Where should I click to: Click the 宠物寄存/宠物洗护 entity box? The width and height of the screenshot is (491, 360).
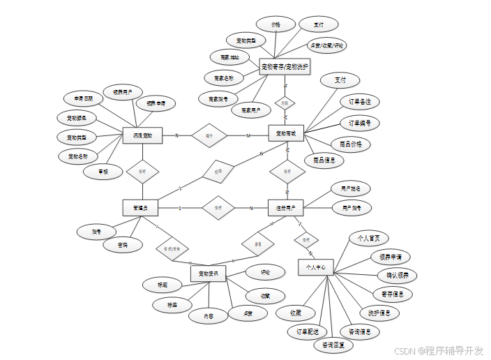coord(285,68)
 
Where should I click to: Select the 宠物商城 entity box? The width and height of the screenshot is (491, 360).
coord(286,133)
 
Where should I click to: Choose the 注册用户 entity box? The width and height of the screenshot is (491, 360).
coord(286,208)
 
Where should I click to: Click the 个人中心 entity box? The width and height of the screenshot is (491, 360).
coord(316,267)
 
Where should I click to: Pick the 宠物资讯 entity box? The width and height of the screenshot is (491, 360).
coord(209,273)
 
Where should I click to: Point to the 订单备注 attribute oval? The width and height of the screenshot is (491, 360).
coord(360,101)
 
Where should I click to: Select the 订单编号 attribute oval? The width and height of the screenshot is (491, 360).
coord(360,123)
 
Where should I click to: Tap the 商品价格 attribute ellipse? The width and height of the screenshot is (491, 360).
coord(350,144)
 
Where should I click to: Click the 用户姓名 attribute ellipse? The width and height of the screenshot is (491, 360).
coord(351,188)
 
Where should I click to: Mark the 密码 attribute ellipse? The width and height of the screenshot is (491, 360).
coord(123,245)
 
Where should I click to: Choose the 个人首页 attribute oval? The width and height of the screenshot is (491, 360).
coord(368,239)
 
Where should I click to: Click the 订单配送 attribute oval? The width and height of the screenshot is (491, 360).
coord(308,331)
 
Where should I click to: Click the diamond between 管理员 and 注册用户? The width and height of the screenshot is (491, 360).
coord(218,208)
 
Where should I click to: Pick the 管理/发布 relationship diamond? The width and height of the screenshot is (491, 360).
coord(172,248)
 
